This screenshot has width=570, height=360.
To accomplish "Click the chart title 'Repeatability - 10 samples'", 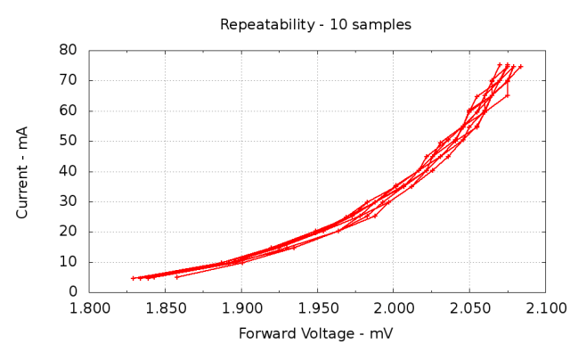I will (315, 25).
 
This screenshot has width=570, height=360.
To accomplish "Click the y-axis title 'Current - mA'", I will (23, 171).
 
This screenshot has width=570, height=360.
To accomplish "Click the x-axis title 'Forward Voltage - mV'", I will (315, 334).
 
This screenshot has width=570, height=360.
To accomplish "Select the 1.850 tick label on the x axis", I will (165, 309).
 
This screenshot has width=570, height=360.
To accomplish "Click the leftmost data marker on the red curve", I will (133, 278).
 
